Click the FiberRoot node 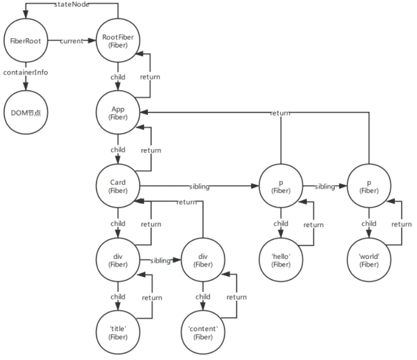click(26, 40)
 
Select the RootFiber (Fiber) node click(118, 40)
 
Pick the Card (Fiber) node click(118, 186)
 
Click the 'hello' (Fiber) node click(281, 260)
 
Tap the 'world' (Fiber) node click(369, 260)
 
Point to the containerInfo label click(26, 72)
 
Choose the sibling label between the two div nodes click(161, 260)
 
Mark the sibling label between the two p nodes click(325, 186)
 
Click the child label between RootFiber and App click(118, 77)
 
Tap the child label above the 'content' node click(202, 297)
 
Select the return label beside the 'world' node click(401, 224)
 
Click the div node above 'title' click(118, 260)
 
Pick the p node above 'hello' click(281, 186)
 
